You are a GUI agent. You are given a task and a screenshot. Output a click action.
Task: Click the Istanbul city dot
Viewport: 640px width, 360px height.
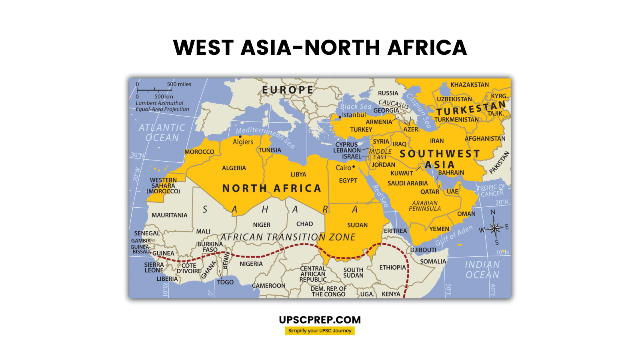(x=340, y=117)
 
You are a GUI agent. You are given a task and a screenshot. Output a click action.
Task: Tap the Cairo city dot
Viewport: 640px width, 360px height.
(x=354, y=167)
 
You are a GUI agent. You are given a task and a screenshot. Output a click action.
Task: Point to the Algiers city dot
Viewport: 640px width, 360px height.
(x=240, y=136)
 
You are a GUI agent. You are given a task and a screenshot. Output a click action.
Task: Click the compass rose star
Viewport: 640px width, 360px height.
(x=495, y=228)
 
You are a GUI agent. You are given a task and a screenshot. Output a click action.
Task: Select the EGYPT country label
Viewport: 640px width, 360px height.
(x=348, y=181)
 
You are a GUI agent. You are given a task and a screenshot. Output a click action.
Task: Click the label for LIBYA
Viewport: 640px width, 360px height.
(x=298, y=174)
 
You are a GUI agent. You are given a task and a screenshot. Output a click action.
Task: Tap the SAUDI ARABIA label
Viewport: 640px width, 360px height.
(x=408, y=183)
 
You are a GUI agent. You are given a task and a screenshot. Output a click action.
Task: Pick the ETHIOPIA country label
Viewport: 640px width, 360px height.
(x=392, y=267)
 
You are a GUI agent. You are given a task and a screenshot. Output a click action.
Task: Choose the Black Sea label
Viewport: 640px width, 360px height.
(x=356, y=106)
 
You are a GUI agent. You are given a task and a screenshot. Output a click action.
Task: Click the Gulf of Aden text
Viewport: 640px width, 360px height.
(x=454, y=236)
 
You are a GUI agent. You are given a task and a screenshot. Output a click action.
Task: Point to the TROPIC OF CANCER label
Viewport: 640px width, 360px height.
(x=492, y=190)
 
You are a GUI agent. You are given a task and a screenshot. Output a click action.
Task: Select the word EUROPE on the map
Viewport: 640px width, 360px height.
(x=288, y=90)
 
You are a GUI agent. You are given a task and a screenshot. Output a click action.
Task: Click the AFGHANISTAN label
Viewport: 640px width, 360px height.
(x=485, y=139)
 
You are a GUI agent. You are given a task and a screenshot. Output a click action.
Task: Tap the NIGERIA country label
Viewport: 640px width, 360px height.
(x=251, y=264)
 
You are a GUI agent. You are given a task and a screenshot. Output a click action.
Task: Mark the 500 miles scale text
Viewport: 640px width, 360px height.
(x=179, y=84)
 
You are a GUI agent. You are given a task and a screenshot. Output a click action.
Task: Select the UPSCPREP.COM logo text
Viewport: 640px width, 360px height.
(x=320, y=320)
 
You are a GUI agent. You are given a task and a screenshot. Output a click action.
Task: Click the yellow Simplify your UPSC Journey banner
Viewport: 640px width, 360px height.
(x=320, y=331)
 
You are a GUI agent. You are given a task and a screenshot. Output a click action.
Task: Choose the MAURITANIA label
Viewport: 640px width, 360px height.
(x=169, y=215)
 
